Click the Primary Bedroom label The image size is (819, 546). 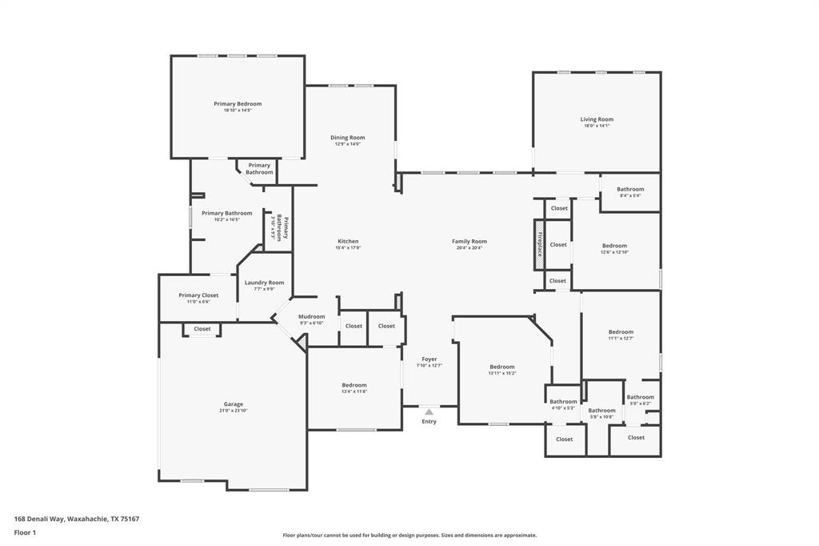click(238, 104)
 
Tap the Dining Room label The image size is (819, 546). click(347, 138)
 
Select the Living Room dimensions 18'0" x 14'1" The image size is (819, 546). click(597, 126)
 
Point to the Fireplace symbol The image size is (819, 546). click(539, 243)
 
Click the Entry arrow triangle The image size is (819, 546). click(429, 412)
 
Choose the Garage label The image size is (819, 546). click(233, 404)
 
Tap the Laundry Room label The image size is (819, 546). click(264, 283)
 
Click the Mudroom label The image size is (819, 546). click(311, 316)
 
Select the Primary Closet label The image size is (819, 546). click(198, 295)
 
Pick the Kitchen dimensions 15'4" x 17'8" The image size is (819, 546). click(348, 248)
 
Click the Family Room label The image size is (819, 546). click(469, 241)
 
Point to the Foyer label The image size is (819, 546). click(429, 359)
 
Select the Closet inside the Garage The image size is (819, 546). click(202, 329)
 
